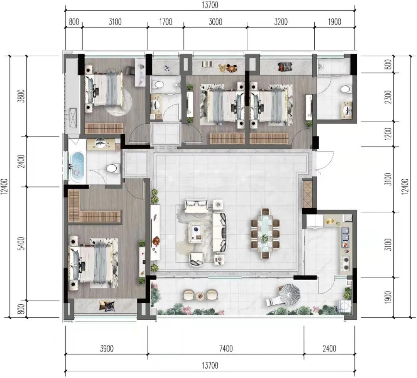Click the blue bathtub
(77, 167)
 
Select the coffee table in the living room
(197, 233)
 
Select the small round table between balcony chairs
(200, 295)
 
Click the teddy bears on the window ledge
(228, 68)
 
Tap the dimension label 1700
(166, 22)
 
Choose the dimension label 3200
(281, 22)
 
